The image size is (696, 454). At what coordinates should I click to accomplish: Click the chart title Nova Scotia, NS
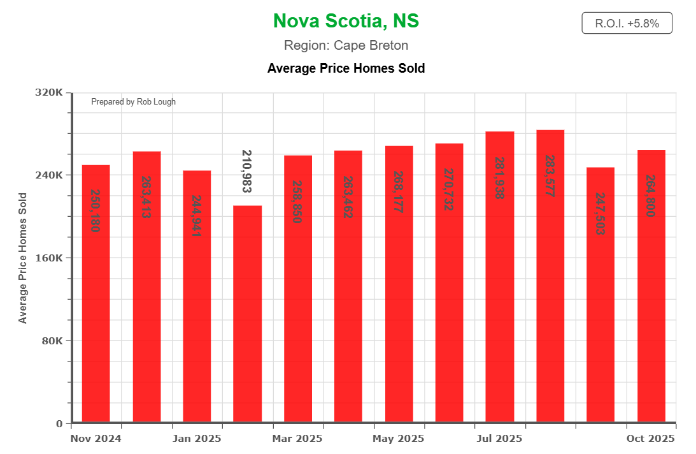point(346,21)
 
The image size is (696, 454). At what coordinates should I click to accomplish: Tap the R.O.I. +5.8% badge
point(627,24)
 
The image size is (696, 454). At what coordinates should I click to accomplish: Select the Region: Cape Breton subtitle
point(346,45)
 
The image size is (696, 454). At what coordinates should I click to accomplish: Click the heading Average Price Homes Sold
point(346,68)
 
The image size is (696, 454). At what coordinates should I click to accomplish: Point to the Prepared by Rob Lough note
point(133,102)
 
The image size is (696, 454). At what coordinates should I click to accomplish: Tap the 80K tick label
point(51,340)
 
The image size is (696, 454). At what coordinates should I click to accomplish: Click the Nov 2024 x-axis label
point(96,439)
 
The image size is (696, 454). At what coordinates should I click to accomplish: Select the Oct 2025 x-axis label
point(651,439)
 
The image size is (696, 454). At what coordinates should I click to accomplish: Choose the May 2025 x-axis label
point(399,439)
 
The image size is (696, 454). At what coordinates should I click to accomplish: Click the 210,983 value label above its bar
point(247,171)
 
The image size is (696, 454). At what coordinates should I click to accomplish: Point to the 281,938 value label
point(499,179)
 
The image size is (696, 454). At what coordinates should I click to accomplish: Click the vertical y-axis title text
point(23,258)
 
